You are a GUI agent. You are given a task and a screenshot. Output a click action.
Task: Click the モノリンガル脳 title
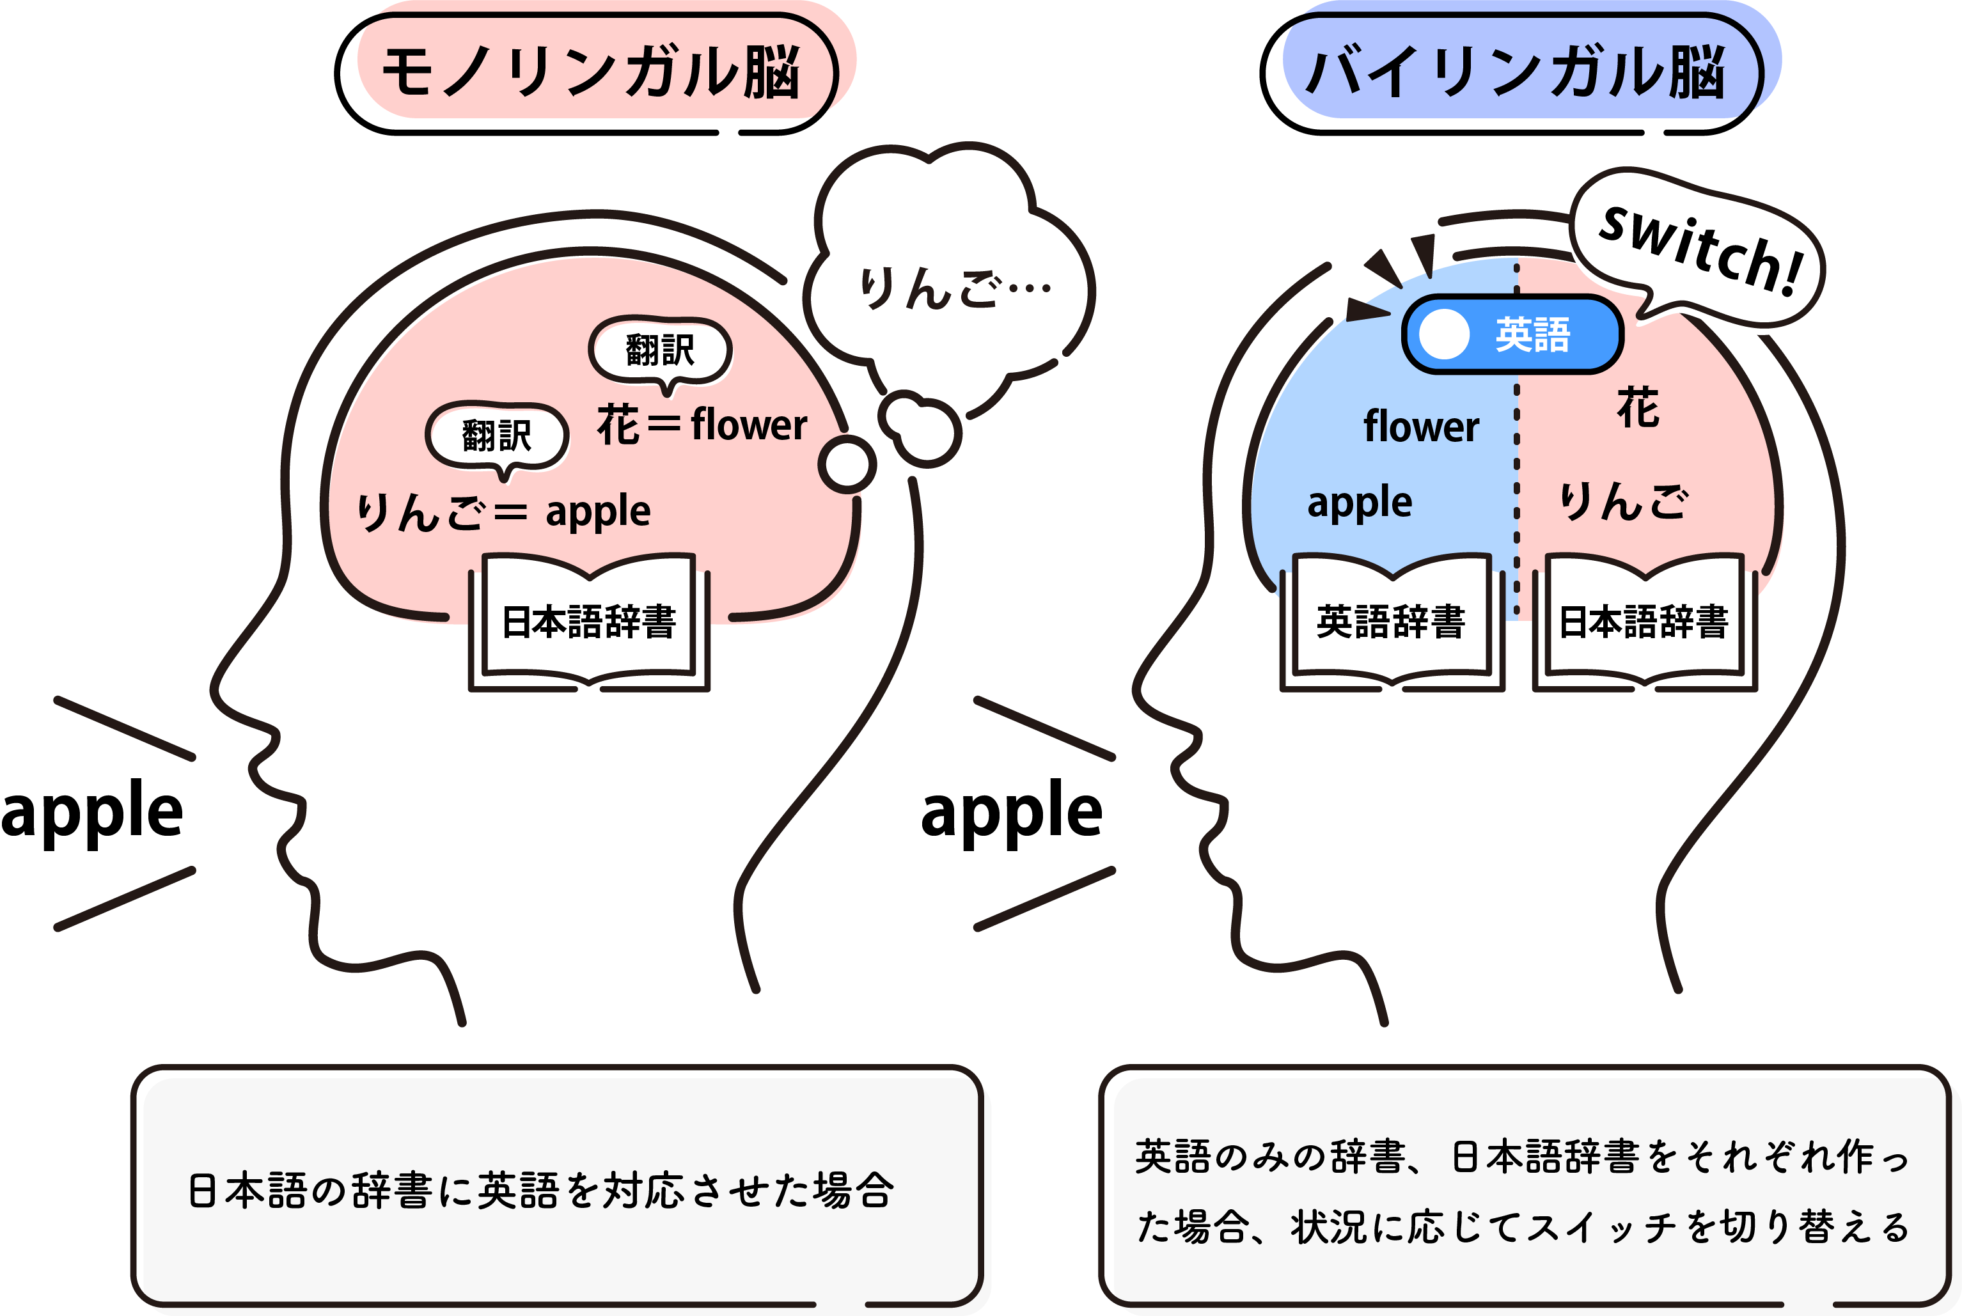[x=589, y=72]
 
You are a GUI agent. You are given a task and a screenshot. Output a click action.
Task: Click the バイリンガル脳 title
[x=1516, y=72]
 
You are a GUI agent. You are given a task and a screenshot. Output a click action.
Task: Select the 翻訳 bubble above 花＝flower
[x=661, y=350]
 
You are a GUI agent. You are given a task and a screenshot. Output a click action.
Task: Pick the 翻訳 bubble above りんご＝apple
[x=497, y=435]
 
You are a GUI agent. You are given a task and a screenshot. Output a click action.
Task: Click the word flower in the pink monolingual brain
[x=749, y=425]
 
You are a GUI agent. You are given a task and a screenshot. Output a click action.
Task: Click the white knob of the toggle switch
[x=1443, y=334]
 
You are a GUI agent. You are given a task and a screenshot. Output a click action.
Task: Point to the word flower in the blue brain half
[x=1421, y=427]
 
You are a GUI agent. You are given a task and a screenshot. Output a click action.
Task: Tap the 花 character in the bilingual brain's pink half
[x=1637, y=409]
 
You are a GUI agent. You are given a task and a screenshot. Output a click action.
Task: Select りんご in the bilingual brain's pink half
[x=1623, y=502]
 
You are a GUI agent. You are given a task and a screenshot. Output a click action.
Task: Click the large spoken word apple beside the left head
[x=92, y=812]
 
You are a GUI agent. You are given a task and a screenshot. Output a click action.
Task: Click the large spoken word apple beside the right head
[x=1011, y=812]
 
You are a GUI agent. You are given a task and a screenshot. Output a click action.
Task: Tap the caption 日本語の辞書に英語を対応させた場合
[x=541, y=1190]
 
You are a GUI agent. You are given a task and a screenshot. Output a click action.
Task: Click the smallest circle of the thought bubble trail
[x=847, y=464]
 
